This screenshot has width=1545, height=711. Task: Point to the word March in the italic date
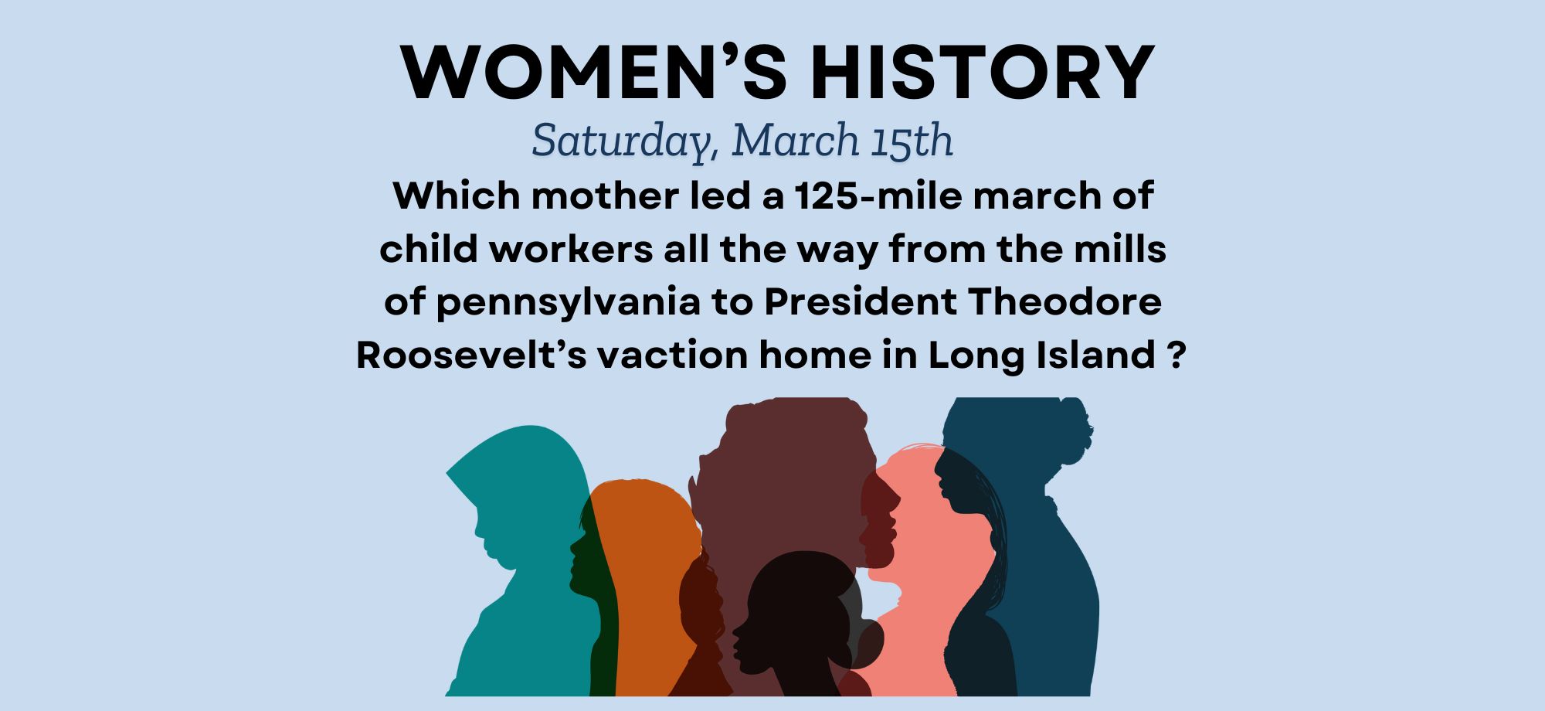(796, 140)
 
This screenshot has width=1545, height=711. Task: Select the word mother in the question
(604, 196)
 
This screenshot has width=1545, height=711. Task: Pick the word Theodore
(1065, 301)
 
